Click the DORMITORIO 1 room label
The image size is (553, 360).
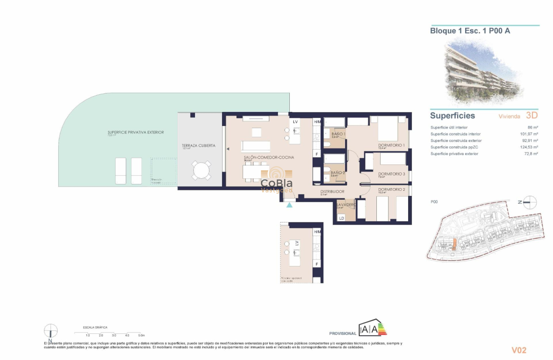tap(391, 145)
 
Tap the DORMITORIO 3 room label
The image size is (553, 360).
tap(391, 174)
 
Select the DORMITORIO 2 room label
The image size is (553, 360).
tap(391, 189)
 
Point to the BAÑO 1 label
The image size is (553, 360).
tap(339, 134)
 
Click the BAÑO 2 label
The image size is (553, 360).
tap(338, 173)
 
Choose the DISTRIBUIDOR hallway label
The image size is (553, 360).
tap(333, 192)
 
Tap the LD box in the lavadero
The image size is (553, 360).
tap(342, 218)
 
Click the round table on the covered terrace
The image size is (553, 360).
tap(201, 171)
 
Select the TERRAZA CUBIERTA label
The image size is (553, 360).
tap(198, 146)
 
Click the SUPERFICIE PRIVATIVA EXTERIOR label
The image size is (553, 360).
tap(135, 132)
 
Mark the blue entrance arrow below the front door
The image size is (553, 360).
tap(290, 205)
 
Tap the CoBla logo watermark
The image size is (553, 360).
tap(277, 180)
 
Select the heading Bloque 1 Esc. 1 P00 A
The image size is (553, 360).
tap(470, 31)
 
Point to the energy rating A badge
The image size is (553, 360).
tap(373, 329)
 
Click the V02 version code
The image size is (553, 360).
tap(519, 350)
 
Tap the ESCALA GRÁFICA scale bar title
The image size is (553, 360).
tap(96, 327)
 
